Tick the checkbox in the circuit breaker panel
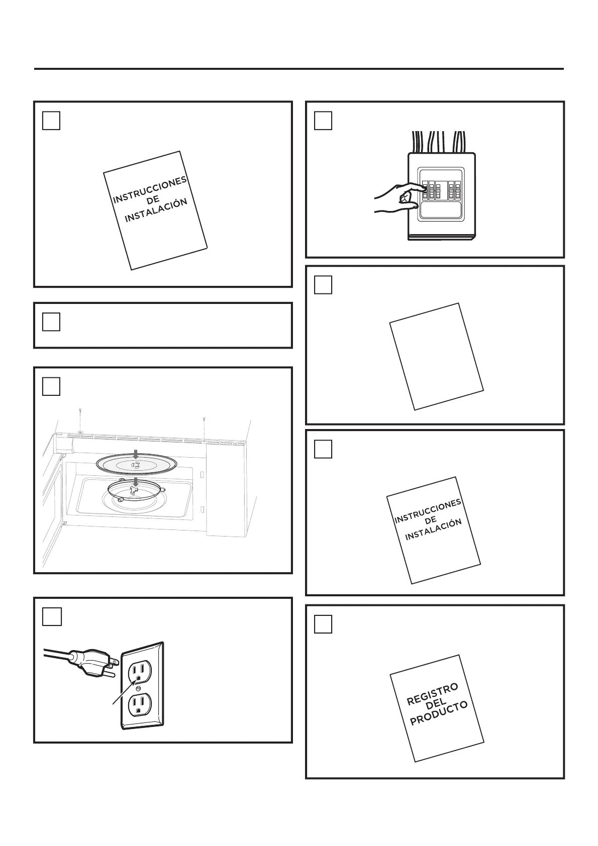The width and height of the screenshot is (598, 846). point(323,121)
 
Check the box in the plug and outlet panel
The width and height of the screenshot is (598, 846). point(52,616)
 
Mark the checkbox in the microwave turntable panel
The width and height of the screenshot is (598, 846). point(51,386)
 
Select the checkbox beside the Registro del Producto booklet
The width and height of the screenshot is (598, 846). point(323,624)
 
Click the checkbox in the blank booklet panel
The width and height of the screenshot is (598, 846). point(323,285)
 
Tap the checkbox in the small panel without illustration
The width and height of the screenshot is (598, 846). point(51,322)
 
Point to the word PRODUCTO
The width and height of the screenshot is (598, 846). point(439,713)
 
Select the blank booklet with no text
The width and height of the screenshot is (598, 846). point(436,356)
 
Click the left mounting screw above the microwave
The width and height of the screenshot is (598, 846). point(80,420)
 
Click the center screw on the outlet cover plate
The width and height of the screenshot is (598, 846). point(138,690)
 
